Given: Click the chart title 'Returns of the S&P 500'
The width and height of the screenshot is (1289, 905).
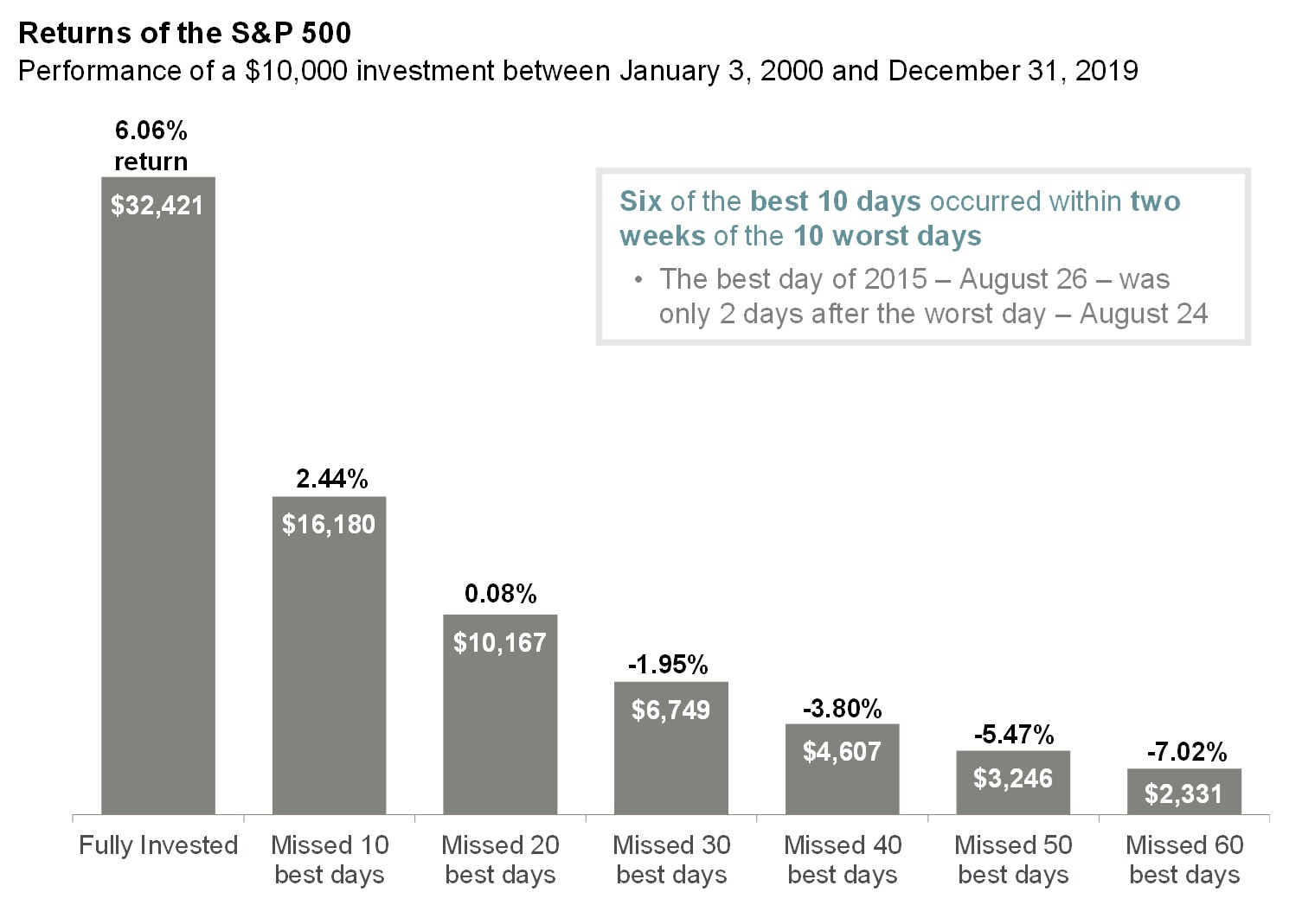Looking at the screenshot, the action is click(x=185, y=33).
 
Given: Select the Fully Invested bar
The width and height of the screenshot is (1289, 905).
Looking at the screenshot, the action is click(x=158, y=495).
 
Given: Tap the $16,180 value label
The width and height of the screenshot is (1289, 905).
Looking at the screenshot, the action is click(x=329, y=525).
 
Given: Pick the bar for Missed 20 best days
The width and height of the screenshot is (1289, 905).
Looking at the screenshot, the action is click(x=500, y=715).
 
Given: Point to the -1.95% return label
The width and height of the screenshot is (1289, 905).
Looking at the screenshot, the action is click(x=668, y=665).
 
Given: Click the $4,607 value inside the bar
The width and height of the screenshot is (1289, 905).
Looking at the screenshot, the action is click(x=842, y=751).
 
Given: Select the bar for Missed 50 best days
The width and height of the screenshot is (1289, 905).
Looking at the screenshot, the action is click(x=1013, y=782).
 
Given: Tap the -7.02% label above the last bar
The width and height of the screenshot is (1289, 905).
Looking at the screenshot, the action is click(x=1187, y=752).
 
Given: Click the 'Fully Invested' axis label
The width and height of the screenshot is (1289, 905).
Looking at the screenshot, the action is click(x=158, y=845).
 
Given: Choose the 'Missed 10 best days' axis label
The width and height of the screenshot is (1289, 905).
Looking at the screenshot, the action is click(x=330, y=860).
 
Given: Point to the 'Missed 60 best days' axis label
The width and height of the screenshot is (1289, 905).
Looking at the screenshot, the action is click(x=1185, y=860).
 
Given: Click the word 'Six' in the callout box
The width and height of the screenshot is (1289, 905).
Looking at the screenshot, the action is click(x=640, y=201).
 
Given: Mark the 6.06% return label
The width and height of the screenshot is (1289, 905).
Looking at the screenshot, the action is click(x=151, y=146).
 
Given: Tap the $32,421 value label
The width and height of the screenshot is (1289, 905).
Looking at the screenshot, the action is click(x=157, y=205).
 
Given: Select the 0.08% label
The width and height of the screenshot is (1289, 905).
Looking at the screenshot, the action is click(x=501, y=593).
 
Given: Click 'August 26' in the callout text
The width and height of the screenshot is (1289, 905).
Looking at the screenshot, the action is click(x=1023, y=279).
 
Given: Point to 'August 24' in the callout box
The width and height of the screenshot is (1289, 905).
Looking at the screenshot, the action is click(x=1144, y=314).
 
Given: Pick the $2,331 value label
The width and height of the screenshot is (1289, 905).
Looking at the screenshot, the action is click(x=1183, y=794).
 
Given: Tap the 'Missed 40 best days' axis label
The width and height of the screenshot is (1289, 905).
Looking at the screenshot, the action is click(x=843, y=860).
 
